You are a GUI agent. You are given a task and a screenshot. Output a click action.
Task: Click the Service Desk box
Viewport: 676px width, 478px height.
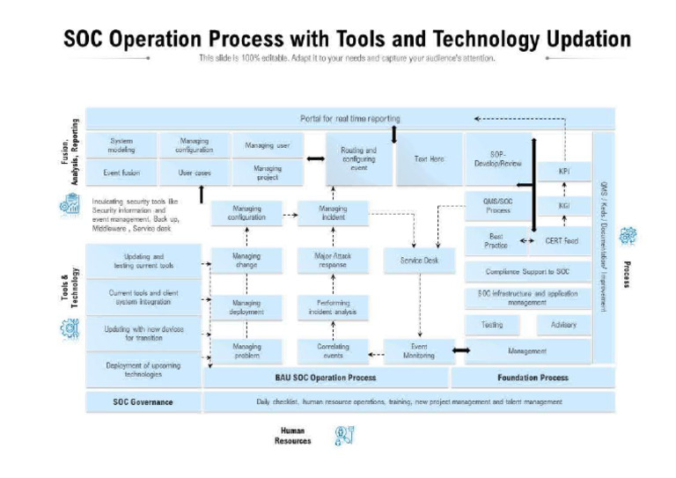click(x=420, y=261)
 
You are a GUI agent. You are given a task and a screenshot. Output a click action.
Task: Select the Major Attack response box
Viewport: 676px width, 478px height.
click(x=333, y=261)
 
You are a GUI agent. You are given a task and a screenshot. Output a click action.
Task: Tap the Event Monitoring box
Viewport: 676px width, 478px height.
click(x=419, y=351)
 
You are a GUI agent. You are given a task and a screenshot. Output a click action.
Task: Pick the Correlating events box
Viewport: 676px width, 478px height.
click(x=333, y=351)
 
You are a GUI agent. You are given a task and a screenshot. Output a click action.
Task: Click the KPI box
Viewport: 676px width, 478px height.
click(x=564, y=170)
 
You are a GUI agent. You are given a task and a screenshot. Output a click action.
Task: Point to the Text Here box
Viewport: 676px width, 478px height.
click(x=429, y=159)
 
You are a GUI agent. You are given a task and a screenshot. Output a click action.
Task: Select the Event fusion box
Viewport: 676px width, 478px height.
click(x=121, y=173)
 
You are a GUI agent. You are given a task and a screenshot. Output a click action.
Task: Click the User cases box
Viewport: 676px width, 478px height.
click(x=195, y=173)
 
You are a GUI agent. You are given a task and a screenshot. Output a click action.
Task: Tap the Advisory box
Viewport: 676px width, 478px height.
click(x=563, y=325)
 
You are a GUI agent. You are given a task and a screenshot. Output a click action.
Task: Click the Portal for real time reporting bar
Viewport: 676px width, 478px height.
click(x=349, y=118)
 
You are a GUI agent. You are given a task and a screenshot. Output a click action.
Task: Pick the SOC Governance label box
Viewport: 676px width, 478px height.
click(x=143, y=401)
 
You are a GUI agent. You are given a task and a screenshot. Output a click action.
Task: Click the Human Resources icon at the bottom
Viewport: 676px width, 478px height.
click(x=344, y=435)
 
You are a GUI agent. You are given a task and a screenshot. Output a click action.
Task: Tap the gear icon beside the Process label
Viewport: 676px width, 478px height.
click(x=627, y=236)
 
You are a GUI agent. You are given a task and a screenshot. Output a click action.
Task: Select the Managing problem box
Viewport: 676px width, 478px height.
click(x=246, y=351)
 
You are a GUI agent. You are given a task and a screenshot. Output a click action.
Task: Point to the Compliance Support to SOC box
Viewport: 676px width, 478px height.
click(x=527, y=272)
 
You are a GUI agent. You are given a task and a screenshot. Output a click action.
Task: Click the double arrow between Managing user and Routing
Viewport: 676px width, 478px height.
click(x=314, y=159)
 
